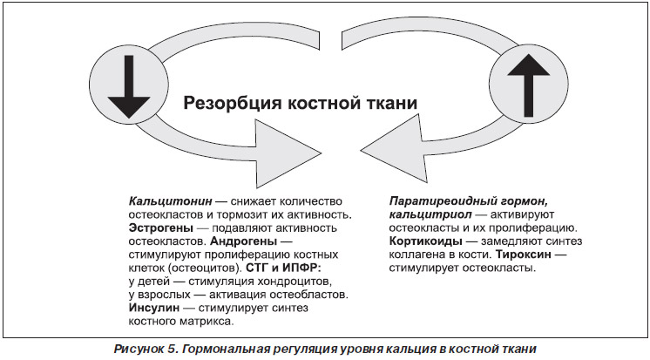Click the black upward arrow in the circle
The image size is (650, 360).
[x=529, y=85]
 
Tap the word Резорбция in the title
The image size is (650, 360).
[x=232, y=103]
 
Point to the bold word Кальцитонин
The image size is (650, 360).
[x=171, y=201]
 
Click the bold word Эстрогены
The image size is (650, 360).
[x=161, y=228]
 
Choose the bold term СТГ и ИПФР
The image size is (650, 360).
[x=283, y=268]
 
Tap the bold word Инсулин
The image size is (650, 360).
[x=154, y=308]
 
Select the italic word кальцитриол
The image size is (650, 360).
[x=430, y=214]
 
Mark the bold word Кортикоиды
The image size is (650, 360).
[x=426, y=241]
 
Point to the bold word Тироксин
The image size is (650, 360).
[x=523, y=255]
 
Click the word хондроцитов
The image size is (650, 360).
[x=295, y=282]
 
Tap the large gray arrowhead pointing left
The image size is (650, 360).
[x=394, y=150]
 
